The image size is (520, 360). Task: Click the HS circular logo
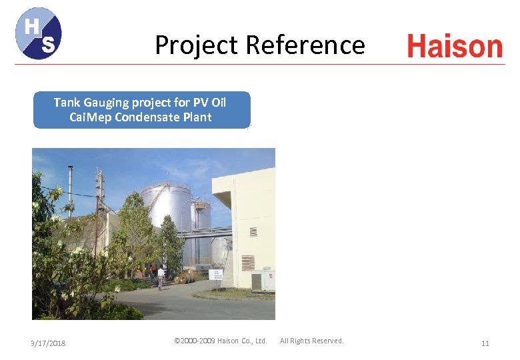[x=39, y=33]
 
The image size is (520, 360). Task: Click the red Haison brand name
[x=455, y=47]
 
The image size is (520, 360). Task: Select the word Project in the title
[x=197, y=45]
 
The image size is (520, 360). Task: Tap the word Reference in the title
[x=305, y=45]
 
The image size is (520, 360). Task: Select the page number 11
[x=485, y=343]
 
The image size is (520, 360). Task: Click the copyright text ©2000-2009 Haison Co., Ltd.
[x=220, y=341]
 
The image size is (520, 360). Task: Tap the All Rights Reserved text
[x=312, y=341]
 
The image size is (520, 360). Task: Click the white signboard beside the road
[x=216, y=275]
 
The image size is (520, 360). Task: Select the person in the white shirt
[x=161, y=276]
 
